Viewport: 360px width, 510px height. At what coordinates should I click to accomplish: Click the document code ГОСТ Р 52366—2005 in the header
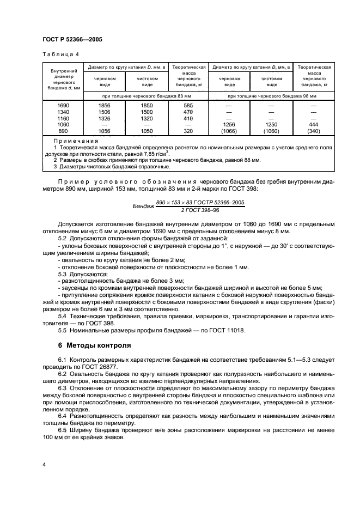(72, 40)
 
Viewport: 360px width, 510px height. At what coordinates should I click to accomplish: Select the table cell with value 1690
(63, 105)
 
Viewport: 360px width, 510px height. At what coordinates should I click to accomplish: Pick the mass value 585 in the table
(188, 105)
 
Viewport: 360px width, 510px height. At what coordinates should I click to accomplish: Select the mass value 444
(314, 124)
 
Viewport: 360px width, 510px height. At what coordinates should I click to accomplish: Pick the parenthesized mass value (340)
(314, 131)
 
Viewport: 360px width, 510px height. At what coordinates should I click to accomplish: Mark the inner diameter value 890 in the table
(63, 131)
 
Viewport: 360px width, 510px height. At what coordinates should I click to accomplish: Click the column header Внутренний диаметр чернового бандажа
(63, 79)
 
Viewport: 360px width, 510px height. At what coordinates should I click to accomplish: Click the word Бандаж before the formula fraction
(144, 207)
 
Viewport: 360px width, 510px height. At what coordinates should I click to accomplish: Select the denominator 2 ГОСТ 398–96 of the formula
(200, 210)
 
